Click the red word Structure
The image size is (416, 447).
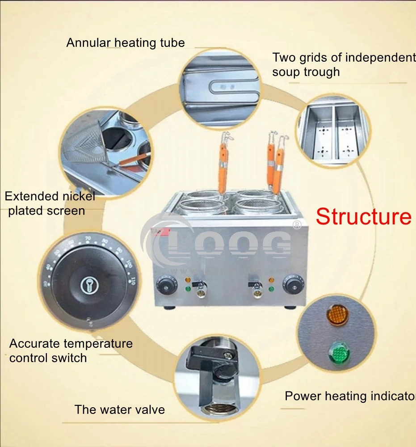[363, 217]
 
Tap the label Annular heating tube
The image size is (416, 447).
[125, 43]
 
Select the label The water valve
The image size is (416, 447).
[119, 409]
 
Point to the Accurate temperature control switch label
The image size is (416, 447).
[71, 350]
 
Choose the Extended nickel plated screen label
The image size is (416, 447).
[50, 203]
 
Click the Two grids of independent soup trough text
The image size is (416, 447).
[343, 64]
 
